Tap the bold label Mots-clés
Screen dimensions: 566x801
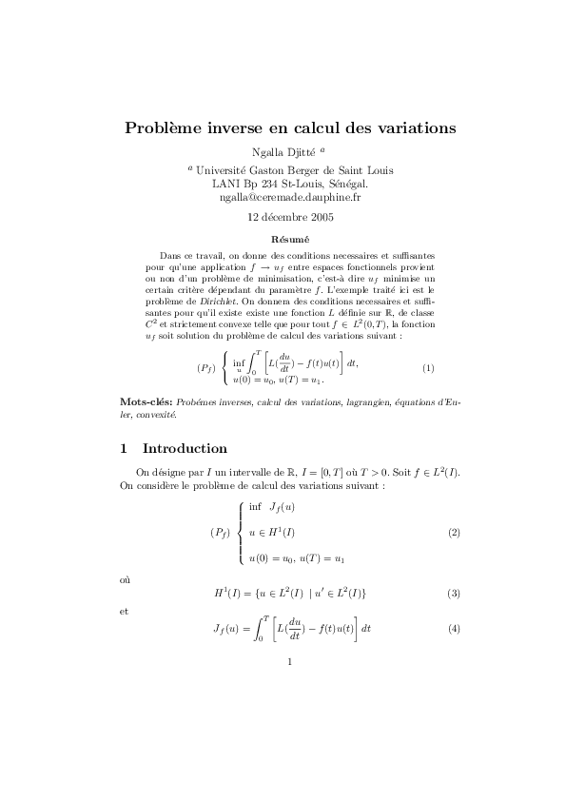pyautogui.click(x=139, y=403)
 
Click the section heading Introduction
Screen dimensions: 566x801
pyautogui.click(x=185, y=448)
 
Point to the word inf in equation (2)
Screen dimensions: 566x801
pyautogui.click(x=255, y=507)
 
